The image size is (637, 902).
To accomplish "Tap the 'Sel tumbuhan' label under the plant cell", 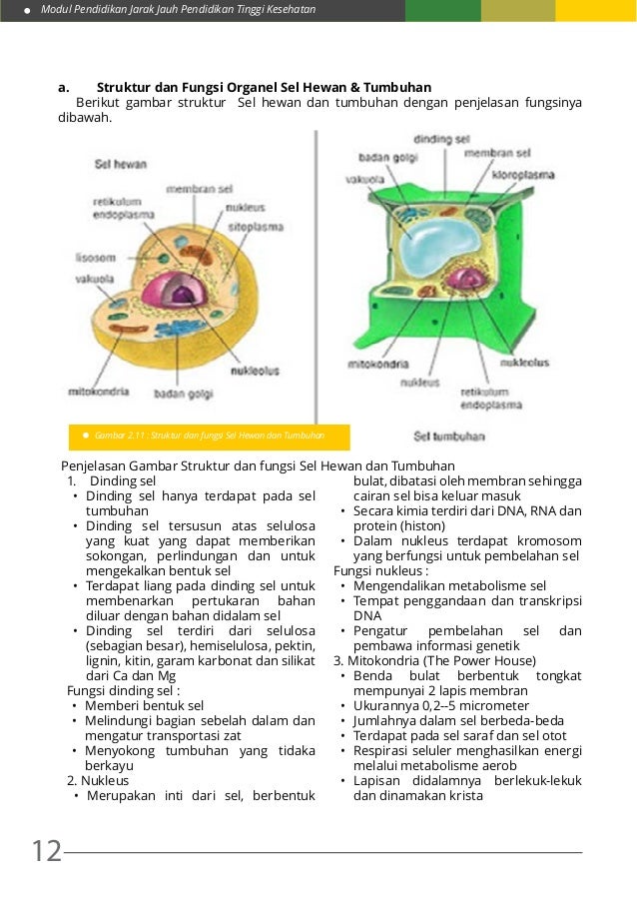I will click(448, 437).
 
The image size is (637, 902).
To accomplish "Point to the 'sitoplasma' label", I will click(257, 227).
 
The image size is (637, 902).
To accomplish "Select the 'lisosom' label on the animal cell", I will click(96, 256).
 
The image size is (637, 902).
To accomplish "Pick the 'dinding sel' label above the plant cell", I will click(441, 140).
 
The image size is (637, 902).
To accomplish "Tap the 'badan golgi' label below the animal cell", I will click(184, 395).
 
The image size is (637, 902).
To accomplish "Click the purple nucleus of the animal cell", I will click(171, 291).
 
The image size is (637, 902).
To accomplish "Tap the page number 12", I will click(46, 852).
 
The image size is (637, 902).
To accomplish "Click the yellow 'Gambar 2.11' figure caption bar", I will click(209, 436).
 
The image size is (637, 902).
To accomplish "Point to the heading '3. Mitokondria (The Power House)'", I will click(434, 660).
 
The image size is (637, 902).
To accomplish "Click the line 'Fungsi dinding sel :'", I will click(124, 690).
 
